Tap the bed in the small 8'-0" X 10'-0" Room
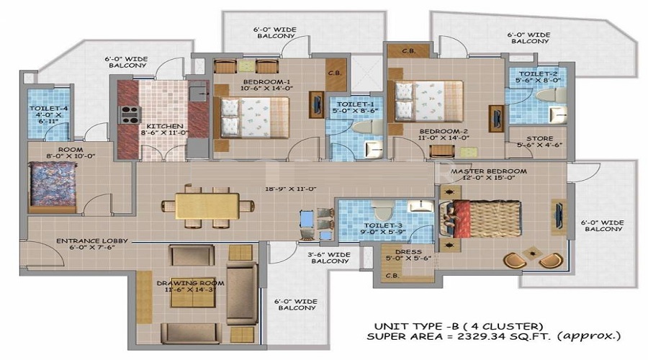click(52, 186)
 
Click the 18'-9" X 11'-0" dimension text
click(292, 189)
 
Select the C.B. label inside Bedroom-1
click(334, 72)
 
